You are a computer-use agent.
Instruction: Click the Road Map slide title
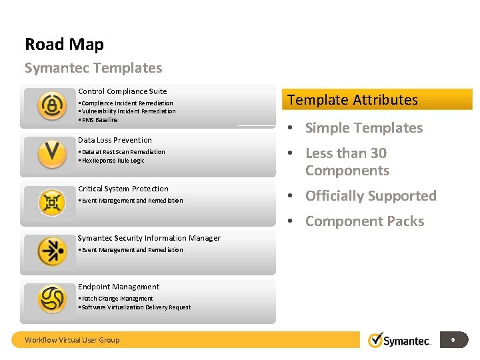coord(64,45)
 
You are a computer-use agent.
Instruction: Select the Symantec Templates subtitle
coord(93,68)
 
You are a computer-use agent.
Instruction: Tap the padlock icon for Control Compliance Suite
coord(51,106)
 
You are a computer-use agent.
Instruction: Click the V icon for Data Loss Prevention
coord(51,153)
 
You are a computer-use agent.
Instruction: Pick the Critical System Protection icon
coord(51,202)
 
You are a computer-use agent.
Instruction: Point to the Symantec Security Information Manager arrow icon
coord(51,251)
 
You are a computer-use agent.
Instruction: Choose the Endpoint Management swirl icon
coord(51,299)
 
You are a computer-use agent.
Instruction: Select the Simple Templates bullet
coord(364,128)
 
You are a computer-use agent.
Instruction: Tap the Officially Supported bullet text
coord(371,196)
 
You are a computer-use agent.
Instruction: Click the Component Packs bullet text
coord(365,221)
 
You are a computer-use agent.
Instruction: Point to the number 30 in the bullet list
coord(378,153)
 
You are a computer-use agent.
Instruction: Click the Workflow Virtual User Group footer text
coord(72,340)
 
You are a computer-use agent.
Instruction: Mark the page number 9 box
coord(453,340)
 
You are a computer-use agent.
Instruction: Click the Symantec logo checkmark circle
coord(377,340)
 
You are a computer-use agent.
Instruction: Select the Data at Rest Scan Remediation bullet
coord(123,152)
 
